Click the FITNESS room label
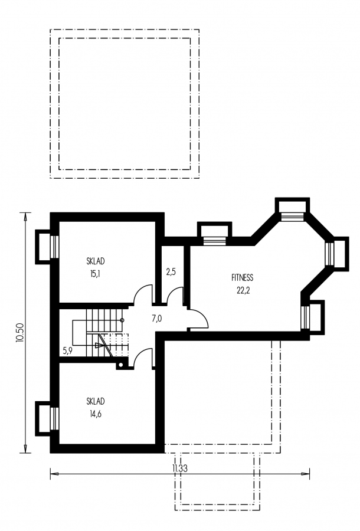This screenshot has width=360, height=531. (242, 278)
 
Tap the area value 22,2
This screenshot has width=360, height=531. (243, 290)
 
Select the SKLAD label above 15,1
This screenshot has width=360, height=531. (96, 261)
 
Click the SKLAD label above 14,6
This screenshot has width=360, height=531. (96, 401)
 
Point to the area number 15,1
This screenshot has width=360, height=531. (95, 274)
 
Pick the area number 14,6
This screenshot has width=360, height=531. (95, 414)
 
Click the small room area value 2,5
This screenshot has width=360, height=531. (171, 271)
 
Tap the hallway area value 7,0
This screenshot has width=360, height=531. (156, 319)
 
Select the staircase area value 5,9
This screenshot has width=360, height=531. (68, 350)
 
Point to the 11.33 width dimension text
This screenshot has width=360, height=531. (180, 468)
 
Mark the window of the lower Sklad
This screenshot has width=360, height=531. (54, 418)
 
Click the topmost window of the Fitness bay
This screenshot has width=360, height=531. (293, 217)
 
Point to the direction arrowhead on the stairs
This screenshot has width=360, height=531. (99, 345)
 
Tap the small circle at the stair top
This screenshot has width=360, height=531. (122, 320)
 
